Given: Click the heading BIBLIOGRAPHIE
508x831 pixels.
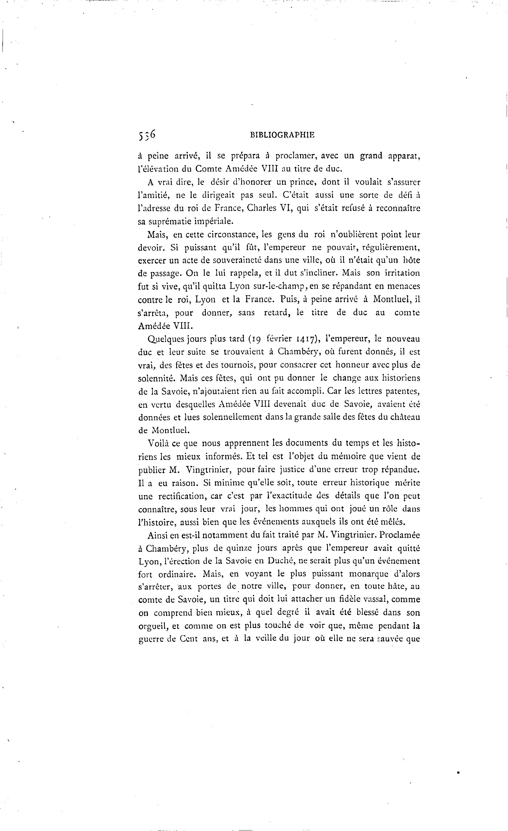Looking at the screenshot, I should (x=282, y=135).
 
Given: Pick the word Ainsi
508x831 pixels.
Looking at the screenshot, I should (x=157, y=535).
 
